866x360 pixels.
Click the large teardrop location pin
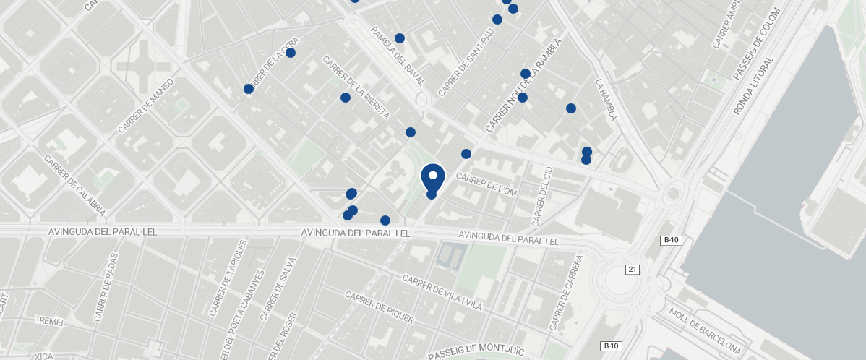pyautogui.click(x=432, y=177)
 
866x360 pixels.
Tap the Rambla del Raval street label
pyautogui.click(x=396, y=56)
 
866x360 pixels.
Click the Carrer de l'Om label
pyautogui.click(x=487, y=185)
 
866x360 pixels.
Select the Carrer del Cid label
pyautogui.click(x=542, y=196)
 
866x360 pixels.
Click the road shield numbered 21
pyautogui.click(x=633, y=270)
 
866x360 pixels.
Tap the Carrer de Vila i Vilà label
pyautogui.click(x=442, y=293)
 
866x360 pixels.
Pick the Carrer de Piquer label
pyautogui.click(x=380, y=307)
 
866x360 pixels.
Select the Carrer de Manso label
pyautogui.click(x=147, y=105)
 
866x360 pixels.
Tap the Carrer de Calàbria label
pyautogui.click(x=74, y=187)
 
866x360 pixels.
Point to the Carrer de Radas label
pyautogui.click(x=106, y=291)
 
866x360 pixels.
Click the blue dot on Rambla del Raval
pyautogui.click(x=400, y=38)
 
